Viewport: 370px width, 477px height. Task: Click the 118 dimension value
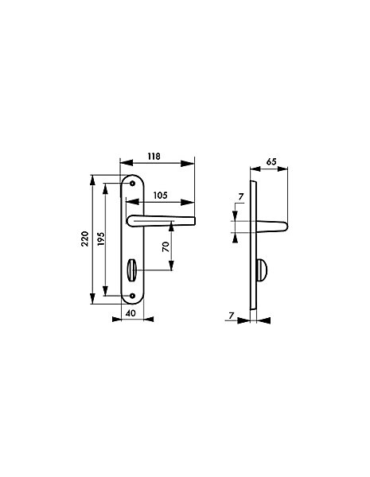[x=154, y=157]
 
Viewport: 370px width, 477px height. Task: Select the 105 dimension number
[x=160, y=196]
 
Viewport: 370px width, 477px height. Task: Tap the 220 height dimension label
[x=85, y=238]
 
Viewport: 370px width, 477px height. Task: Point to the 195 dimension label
[x=101, y=238]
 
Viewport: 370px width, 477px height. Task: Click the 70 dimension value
[x=166, y=246]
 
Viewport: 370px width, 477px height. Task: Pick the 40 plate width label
[x=130, y=313]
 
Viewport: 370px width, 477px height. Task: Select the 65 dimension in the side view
[x=271, y=161]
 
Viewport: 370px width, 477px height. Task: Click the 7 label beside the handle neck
[x=241, y=197]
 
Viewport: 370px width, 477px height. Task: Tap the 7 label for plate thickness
[x=232, y=316]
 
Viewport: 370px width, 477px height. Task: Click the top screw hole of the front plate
[x=132, y=184]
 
